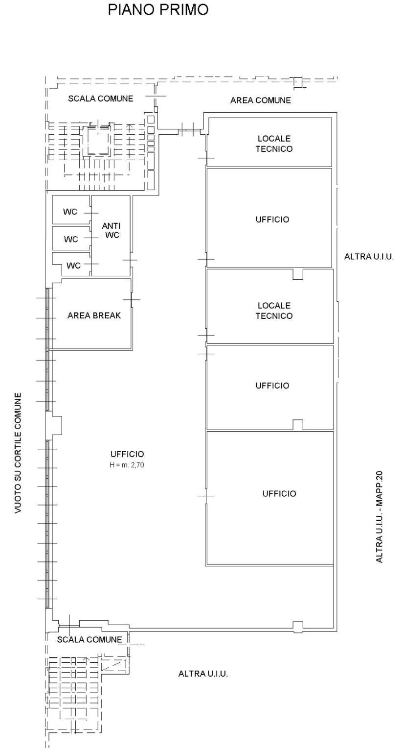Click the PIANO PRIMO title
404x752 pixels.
158,9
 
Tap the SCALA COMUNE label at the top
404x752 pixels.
100,98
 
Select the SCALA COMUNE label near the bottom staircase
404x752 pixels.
90,640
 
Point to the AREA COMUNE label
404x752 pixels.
260,100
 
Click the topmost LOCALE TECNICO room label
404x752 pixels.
274,144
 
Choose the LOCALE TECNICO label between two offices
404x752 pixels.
274,311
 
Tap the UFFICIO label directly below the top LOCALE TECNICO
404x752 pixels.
272,219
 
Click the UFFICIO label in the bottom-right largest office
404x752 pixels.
279,494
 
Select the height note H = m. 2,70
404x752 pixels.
127,464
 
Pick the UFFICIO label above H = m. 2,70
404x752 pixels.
127,454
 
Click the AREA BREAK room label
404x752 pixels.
94,315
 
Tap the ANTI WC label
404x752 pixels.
111,230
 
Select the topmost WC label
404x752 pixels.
70,212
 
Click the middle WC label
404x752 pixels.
71,240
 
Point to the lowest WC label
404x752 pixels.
73,266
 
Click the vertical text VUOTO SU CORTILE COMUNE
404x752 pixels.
18,453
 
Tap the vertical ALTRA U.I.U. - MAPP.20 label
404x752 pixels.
380,516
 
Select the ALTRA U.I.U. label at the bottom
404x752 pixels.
203,674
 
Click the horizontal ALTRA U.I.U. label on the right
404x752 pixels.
369,256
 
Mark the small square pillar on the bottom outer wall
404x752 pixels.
297,626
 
